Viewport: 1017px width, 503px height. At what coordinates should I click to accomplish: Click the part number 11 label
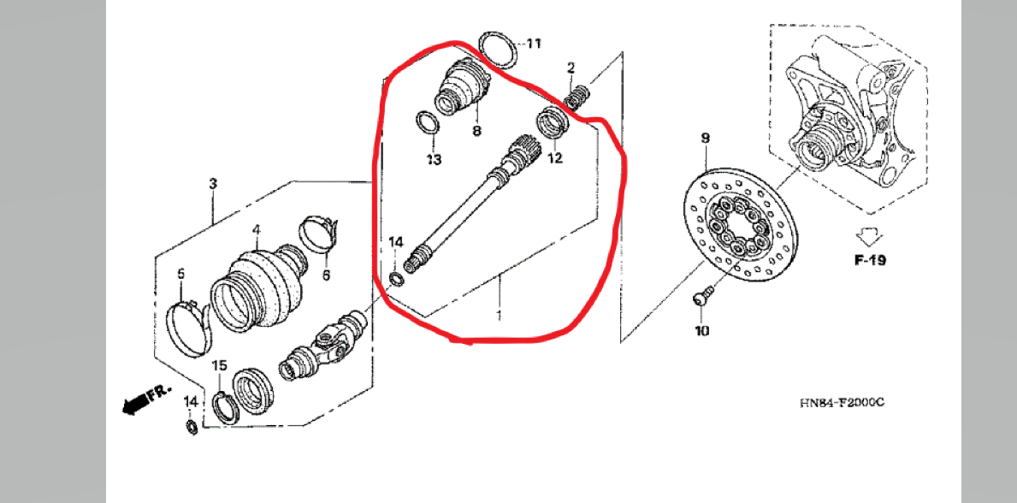pyautogui.click(x=533, y=44)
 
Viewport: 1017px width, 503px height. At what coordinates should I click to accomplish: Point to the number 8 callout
pyautogui.click(x=476, y=131)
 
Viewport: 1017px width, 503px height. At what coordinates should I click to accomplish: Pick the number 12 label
pyautogui.click(x=555, y=157)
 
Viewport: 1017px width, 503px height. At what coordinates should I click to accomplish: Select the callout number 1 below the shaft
pyautogui.click(x=499, y=316)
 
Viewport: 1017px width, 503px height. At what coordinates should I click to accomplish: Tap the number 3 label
pyautogui.click(x=213, y=184)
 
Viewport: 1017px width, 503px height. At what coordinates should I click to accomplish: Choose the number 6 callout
pyautogui.click(x=326, y=275)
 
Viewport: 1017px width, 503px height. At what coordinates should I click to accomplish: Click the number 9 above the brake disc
pyautogui.click(x=706, y=139)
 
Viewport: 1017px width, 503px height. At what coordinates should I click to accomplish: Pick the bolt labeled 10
pyautogui.click(x=702, y=297)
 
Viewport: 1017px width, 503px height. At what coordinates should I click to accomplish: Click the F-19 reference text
pyautogui.click(x=869, y=260)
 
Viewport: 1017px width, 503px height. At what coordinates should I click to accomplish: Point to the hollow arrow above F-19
pyautogui.click(x=866, y=234)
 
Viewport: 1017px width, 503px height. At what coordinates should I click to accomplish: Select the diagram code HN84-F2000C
pyautogui.click(x=842, y=403)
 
